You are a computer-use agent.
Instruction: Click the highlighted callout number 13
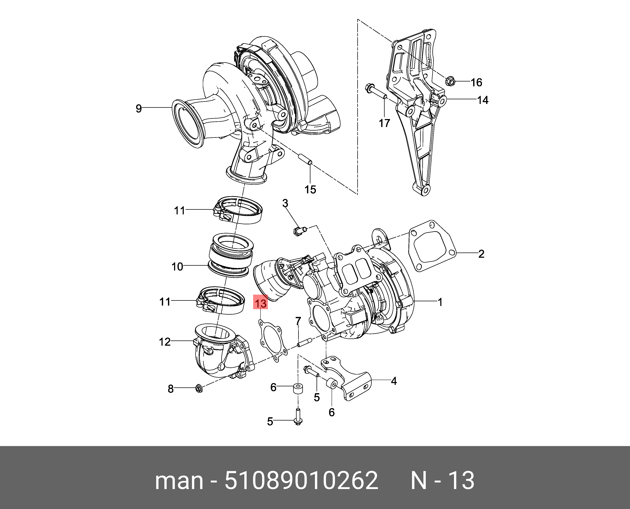tap(260, 303)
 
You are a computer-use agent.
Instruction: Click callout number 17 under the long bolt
tap(385, 123)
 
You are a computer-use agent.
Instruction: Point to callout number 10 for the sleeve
tap(177, 267)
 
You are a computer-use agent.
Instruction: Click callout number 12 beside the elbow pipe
tap(165, 342)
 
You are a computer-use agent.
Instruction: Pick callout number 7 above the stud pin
tap(298, 321)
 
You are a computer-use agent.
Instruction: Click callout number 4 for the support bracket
tap(394, 381)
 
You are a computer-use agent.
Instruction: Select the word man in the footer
tap(179, 481)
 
